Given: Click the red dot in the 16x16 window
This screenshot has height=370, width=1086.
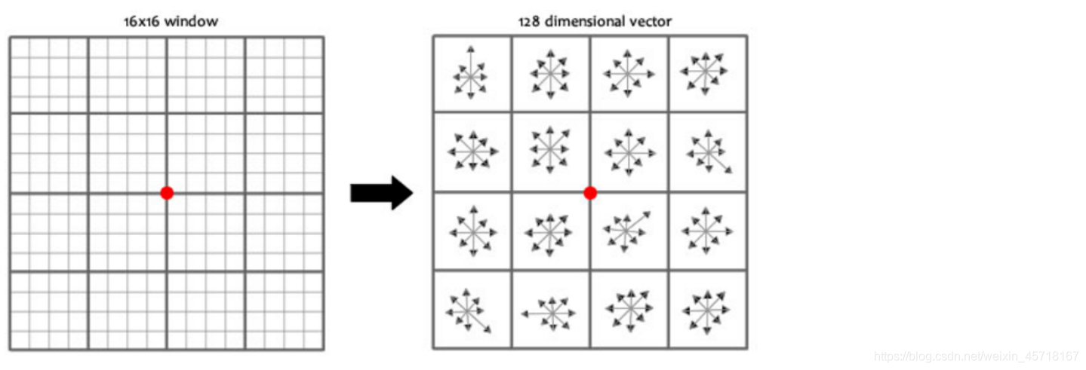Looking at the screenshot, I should (167, 193).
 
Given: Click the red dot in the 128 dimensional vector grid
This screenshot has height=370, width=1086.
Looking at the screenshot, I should (590, 193).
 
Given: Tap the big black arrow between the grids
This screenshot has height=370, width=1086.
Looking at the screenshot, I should (381, 194).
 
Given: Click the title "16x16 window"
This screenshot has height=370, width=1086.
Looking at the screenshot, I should (171, 21).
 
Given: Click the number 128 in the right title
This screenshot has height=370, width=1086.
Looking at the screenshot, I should (528, 21).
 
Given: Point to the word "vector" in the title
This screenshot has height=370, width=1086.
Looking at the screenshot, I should (652, 21).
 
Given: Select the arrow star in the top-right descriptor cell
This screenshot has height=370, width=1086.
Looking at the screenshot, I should (705, 72).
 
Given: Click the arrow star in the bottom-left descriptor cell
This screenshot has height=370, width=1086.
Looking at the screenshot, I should (468, 310).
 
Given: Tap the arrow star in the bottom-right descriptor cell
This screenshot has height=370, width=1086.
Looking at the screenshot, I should (706, 310).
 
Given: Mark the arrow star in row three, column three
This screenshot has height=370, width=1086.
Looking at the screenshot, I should (626, 229).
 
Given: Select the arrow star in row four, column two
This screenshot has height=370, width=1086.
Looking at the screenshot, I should (550, 311).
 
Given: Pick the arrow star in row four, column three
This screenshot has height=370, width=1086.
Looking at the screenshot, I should (628, 310).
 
